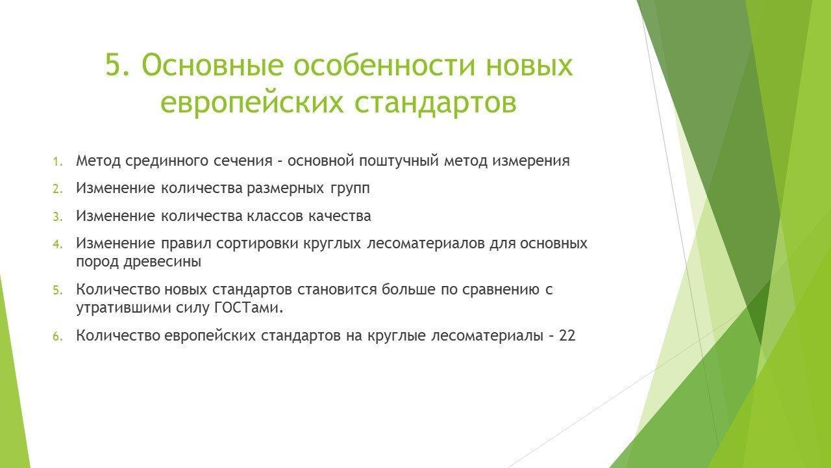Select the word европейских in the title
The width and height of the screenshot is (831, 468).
coord(252,102)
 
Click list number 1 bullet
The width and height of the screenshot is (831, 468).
coord(58,162)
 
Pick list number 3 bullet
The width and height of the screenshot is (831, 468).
coord(58,216)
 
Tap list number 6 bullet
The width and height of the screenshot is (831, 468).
coord(58,337)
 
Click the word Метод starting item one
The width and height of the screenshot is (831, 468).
coord(98,161)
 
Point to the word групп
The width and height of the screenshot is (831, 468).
coord(349,189)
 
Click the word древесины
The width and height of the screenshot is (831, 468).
coord(162,262)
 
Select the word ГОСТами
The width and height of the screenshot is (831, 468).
coord(249,308)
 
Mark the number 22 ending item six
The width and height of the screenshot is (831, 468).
coord(567,336)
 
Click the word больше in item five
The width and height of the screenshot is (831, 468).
coord(408,289)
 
